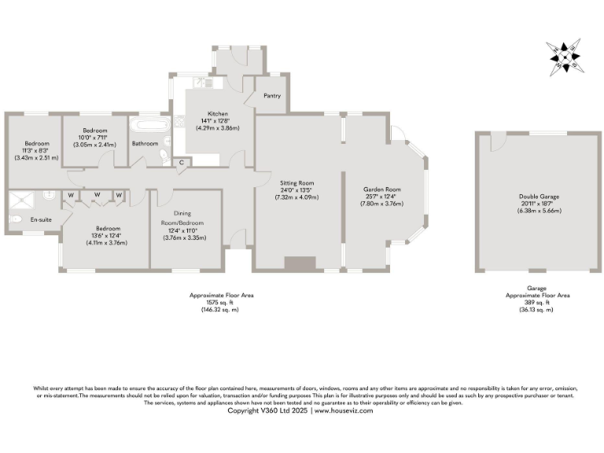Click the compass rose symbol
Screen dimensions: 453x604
coord(564,57)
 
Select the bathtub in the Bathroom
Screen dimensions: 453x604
coord(147,125)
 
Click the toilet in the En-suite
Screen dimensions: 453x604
coord(17,219)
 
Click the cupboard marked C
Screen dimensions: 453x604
coord(182,162)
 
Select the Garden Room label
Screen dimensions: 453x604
coord(382,190)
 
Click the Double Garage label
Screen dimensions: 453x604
coord(536,197)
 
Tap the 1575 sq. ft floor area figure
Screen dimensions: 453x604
coord(221,302)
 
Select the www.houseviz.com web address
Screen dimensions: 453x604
coord(343,411)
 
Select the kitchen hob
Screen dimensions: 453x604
coord(180,122)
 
